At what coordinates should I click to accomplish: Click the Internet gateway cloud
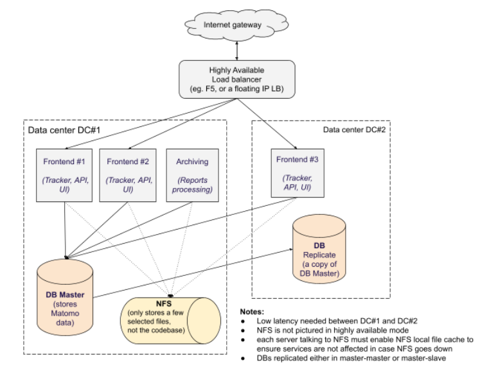pyautogui.click(x=233, y=25)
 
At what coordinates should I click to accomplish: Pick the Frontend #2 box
pyautogui.click(x=129, y=173)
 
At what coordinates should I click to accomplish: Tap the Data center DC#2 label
pyautogui.click(x=354, y=130)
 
